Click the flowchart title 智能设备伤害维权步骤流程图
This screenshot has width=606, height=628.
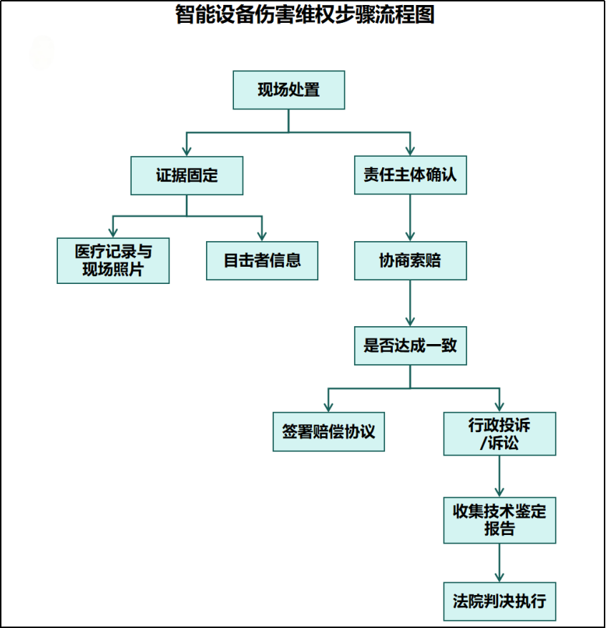click(x=305, y=15)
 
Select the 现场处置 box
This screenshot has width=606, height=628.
click(x=289, y=90)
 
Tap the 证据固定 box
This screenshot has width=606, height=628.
click(x=187, y=176)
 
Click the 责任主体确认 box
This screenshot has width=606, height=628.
click(x=411, y=175)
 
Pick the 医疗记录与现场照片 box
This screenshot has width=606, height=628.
click(x=113, y=261)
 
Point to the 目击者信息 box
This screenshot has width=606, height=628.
click(x=262, y=261)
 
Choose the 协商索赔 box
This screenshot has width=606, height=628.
click(x=411, y=261)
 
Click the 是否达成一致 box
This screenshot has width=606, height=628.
click(x=411, y=345)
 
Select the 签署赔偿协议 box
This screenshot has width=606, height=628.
click(x=329, y=432)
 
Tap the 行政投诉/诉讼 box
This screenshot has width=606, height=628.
click(x=499, y=433)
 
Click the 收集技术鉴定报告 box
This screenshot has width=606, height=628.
click(x=499, y=520)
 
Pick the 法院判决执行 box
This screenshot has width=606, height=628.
click(x=499, y=601)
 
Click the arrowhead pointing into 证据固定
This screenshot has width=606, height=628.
click(x=187, y=151)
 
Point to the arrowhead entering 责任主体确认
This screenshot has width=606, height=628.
click(x=410, y=151)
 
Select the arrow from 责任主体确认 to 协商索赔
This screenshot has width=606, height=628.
click(x=410, y=218)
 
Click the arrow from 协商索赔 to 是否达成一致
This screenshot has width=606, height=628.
click(x=410, y=303)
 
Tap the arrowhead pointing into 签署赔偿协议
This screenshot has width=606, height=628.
click(x=328, y=407)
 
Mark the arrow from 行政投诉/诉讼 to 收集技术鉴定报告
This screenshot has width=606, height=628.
click(x=499, y=476)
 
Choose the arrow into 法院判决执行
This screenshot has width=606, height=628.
click(x=499, y=563)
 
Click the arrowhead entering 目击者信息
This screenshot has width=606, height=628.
click(x=262, y=236)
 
